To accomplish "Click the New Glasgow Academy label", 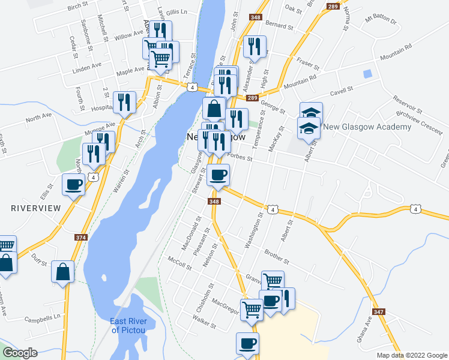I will (x=367, y=127).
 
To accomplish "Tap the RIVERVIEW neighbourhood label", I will (x=36, y=208).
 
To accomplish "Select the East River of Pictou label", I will (x=133, y=325).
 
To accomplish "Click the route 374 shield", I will (x=80, y=238).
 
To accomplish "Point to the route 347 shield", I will (x=378, y=311).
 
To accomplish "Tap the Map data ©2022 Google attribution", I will (x=411, y=355).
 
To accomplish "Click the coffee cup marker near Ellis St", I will (x=73, y=185).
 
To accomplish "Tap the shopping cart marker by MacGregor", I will (x=252, y=310).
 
